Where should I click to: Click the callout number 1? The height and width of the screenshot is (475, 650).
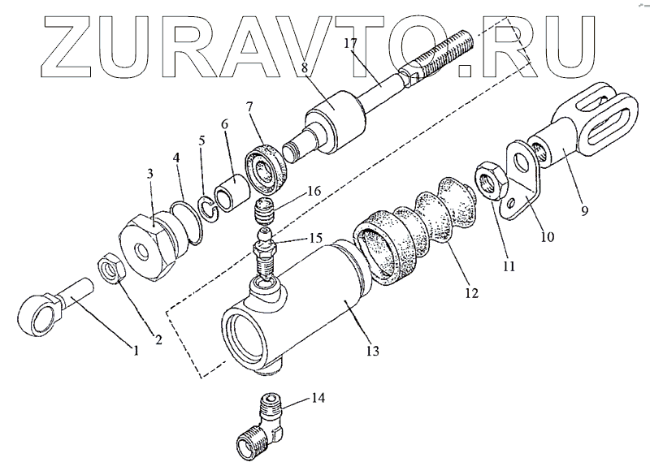click(x=136, y=351)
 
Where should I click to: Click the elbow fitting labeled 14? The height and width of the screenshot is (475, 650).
click(x=261, y=428)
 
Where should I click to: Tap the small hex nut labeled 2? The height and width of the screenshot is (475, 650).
click(x=110, y=268)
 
